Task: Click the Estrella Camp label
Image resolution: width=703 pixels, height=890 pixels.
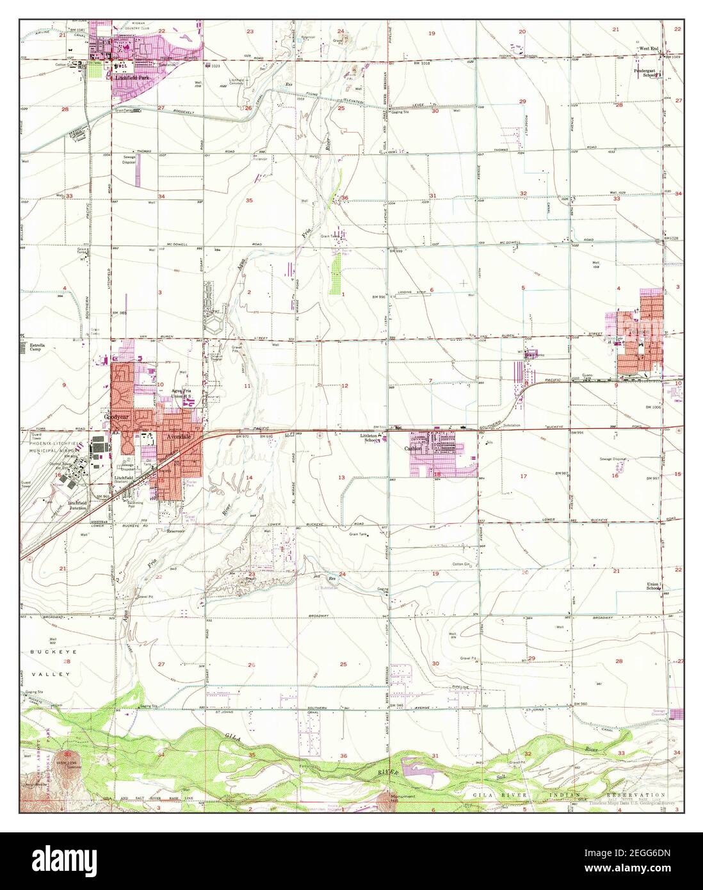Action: coord(38,348)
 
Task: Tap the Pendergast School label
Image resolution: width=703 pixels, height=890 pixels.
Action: coord(647,73)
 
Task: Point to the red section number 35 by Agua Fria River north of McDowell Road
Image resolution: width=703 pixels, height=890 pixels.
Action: coord(249,200)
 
